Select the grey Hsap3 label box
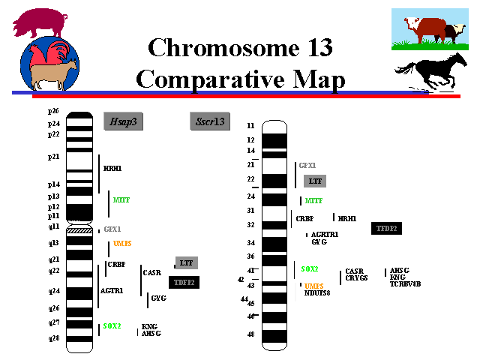click(123, 121)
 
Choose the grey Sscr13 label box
click(210, 121)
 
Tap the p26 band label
click(53, 111)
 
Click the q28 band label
click(53, 338)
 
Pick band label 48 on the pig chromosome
click(250, 334)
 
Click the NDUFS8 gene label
click(317, 292)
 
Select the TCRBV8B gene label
click(405, 284)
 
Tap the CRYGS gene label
click(357, 278)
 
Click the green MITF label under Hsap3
click(121, 200)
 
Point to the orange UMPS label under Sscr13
click(313, 286)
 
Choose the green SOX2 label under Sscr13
click(310, 268)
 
